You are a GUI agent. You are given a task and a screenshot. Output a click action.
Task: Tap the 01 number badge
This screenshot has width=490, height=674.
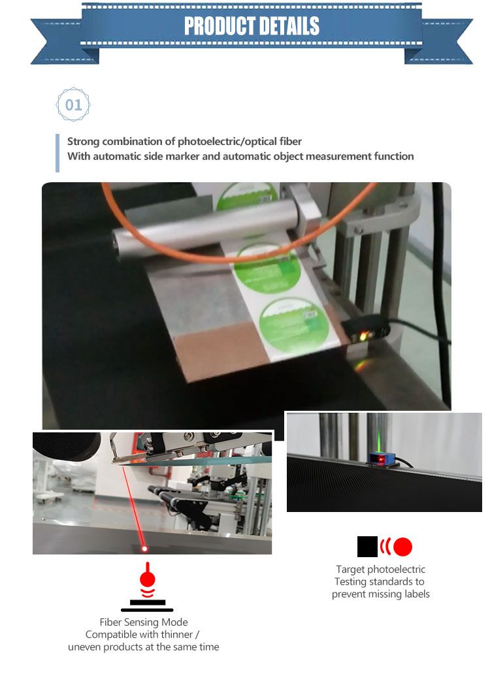73,104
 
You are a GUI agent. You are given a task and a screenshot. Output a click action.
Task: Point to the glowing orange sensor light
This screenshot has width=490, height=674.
363,336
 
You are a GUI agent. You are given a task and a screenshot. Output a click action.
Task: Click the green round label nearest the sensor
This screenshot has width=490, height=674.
294,325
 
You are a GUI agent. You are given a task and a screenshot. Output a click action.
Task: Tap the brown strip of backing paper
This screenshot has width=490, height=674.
220,348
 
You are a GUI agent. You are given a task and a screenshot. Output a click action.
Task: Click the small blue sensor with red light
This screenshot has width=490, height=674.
381,459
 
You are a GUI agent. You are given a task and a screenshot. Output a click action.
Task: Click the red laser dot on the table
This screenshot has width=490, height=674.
144,549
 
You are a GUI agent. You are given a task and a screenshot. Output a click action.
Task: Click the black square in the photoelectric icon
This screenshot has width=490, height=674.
367,547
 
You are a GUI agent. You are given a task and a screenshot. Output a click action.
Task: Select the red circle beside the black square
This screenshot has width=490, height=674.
402,547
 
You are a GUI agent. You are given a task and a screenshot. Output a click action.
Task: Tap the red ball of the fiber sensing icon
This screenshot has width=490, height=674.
147,579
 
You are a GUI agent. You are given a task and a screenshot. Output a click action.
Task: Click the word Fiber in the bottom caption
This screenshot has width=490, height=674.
110,622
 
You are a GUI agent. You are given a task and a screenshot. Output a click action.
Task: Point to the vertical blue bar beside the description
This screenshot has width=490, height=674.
57,153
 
